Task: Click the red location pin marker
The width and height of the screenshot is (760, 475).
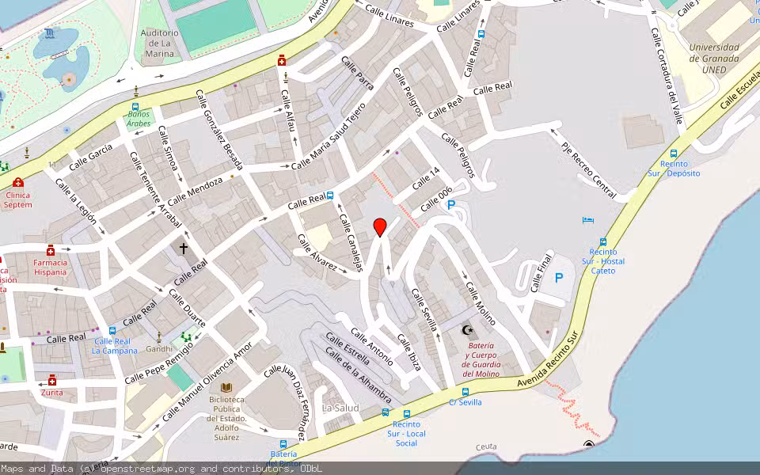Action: tap(380, 227)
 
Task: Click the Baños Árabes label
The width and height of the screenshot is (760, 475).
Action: tap(139, 119)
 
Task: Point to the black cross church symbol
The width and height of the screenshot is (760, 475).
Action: tap(184, 248)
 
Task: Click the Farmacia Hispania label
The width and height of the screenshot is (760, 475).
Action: tap(50, 267)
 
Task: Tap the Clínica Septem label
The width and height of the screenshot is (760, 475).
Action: tap(17, 199)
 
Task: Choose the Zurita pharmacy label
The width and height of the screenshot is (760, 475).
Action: tap(52, 392)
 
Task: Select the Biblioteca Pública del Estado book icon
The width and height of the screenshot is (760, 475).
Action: tap(227, 387)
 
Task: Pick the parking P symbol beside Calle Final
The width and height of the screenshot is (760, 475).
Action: tap(559, 278)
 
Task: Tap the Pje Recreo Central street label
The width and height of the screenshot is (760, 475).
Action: tap(588, 170)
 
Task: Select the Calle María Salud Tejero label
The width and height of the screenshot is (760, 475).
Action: tap(329, 135)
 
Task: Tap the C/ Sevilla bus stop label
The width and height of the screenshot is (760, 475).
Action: tap(465, 402)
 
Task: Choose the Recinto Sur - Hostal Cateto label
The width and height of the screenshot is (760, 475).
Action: tap(603, 261)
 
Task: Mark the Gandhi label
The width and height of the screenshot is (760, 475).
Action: tap(158, 349)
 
